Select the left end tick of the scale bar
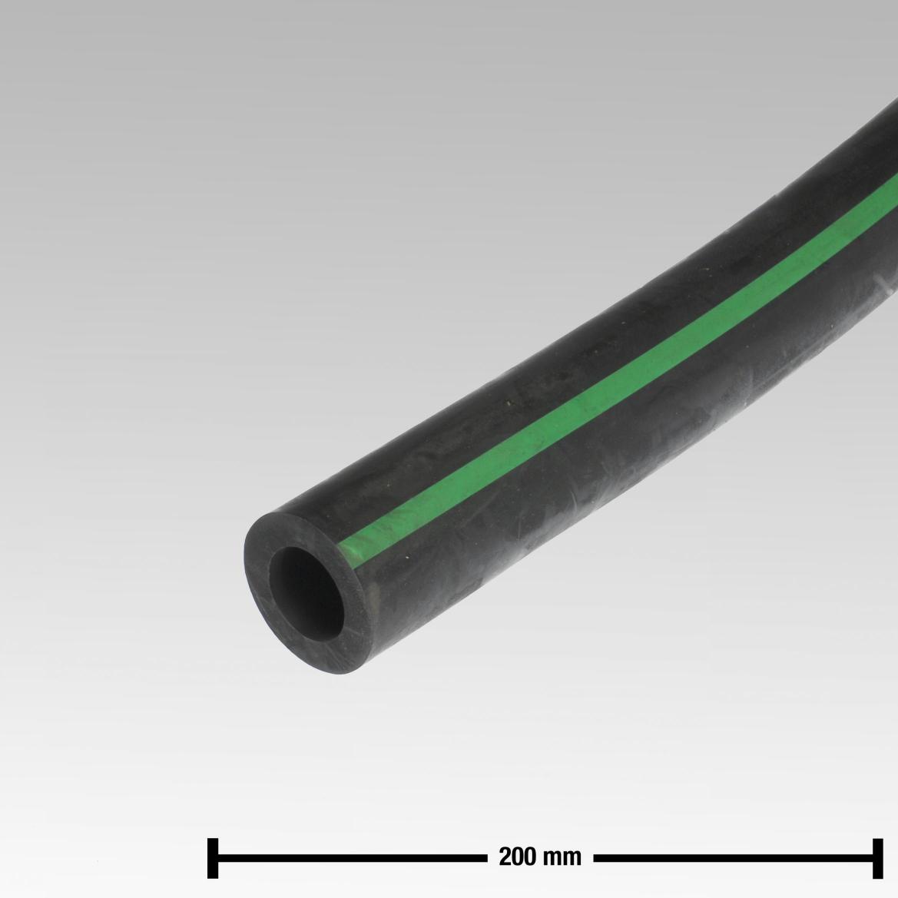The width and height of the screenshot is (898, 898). (214, 857)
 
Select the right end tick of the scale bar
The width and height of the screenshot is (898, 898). (876, 857)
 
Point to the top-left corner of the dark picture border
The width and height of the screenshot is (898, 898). (2, 2)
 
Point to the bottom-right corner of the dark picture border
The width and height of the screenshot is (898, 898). (895, 895)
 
